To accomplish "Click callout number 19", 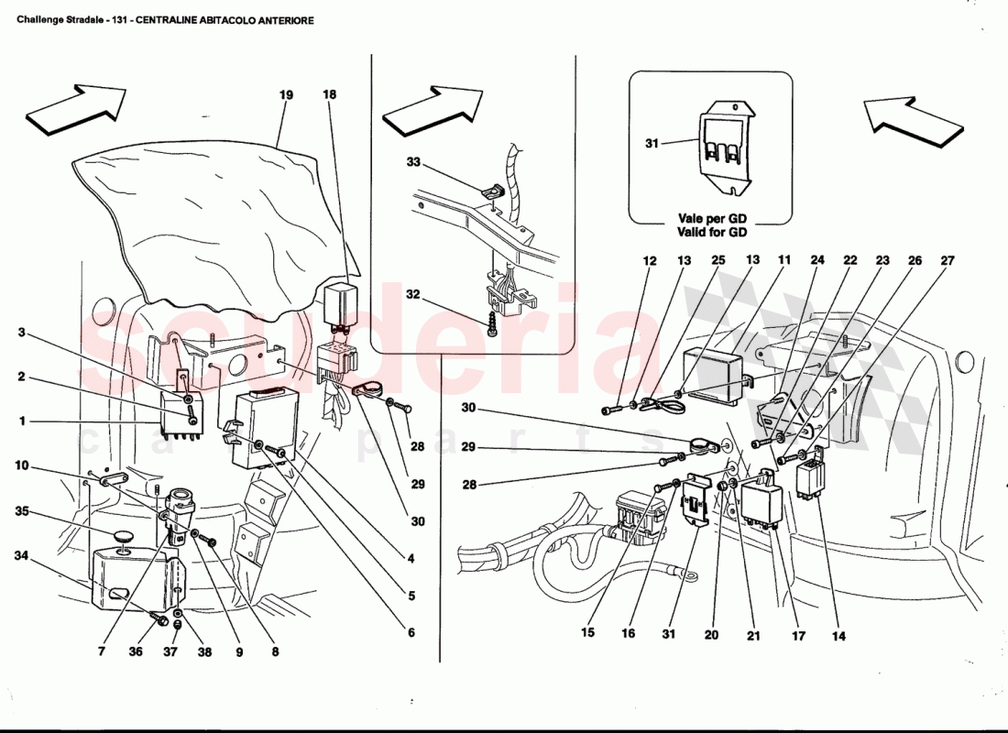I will [x=286, y=94].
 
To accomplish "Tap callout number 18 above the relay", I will [x=330, y=94].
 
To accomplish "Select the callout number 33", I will [x=413, y=162].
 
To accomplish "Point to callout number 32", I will [x=413, y=295].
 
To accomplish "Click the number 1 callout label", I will [x=20, y=421].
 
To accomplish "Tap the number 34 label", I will [x=21, y=555].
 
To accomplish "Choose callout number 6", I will [x=411, y=632].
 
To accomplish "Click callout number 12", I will [x=650, y=261].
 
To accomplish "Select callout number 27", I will [x=947, y=261].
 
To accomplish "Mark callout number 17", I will [x=798, y=636].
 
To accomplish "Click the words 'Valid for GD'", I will [x=710, y=233].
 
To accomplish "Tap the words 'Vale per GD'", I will [x=710, y=219].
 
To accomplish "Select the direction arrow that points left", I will [x=912, y=118].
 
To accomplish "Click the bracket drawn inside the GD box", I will [x=724, y=147].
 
